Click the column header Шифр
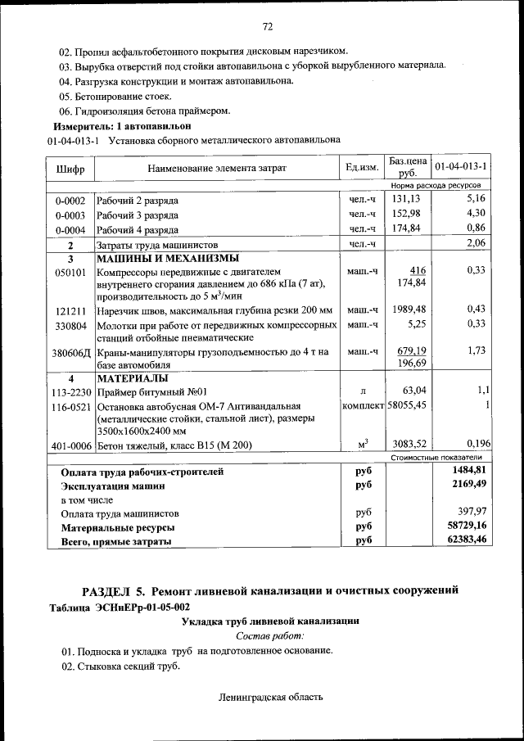point(69,168)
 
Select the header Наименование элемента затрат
point(217,168)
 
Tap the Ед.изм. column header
point(362,167)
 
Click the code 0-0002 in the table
point(70,200)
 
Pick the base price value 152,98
point(405,214)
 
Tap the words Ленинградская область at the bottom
point(271,698)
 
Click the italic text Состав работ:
point(269,635)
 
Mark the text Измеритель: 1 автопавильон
point(121,127)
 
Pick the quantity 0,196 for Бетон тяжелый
point(475,445)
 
